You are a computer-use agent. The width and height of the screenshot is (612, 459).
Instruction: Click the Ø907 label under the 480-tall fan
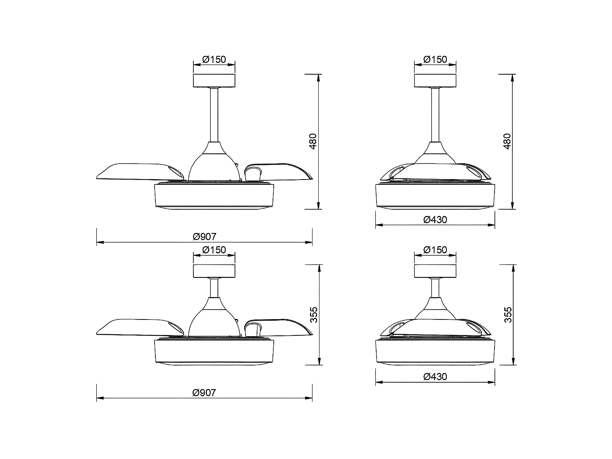tap(204, 236)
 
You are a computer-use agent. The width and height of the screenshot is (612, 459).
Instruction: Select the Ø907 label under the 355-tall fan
tap(204, 392)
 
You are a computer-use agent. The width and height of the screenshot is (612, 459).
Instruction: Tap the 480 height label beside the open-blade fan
tap(313, 141)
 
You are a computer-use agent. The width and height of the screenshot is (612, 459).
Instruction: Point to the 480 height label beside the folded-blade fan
tap(507, 141)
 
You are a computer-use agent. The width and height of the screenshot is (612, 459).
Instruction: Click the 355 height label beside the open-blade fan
tap(313, 315)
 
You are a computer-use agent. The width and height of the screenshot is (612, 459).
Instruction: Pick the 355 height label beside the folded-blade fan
tap(507, 315)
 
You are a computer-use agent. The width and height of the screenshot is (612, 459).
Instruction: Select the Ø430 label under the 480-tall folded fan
tap(435, 220)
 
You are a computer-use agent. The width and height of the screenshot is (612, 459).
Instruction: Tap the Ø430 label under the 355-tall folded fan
tap(435, 376)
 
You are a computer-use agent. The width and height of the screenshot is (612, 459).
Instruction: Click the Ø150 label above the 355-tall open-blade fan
tap(214, 250)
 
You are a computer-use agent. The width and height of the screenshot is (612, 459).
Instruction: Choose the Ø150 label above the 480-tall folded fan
tap(435, 60)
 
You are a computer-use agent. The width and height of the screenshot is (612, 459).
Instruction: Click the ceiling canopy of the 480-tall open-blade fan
tap(214, 81)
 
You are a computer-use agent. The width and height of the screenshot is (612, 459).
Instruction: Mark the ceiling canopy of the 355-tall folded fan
tap(435, 271)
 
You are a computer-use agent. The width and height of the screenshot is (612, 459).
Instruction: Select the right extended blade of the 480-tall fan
tap(282, 171)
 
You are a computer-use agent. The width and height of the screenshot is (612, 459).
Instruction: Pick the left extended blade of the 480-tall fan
tap(131, 171)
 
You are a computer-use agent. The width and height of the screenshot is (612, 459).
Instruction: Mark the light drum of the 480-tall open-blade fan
tap(214, 197)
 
